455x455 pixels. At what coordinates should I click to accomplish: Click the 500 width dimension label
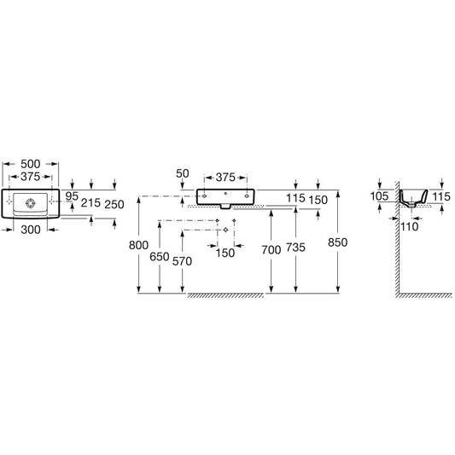[x=31, y=164]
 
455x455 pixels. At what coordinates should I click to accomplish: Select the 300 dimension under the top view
[x=31, y=230]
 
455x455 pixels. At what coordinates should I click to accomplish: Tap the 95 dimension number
[x=72, y=196]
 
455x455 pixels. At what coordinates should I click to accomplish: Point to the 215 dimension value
[x=90, y=203]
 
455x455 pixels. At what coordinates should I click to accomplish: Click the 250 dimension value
[x=114, y=205]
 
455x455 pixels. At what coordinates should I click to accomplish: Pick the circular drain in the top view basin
[x=31, y=203]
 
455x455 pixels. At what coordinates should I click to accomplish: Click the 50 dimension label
[x=183, y=173]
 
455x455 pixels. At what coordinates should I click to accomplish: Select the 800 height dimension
[x=138, y=245]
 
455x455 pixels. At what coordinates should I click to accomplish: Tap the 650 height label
[x=160, y=256]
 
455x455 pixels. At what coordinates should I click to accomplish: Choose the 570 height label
[x=182, y=261]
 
